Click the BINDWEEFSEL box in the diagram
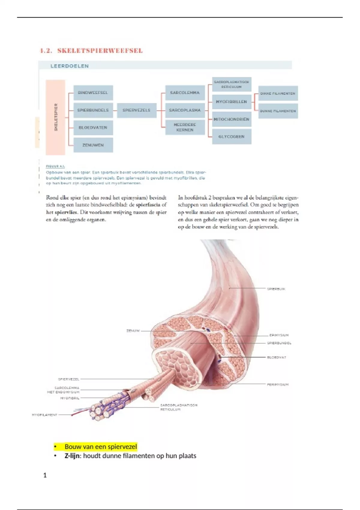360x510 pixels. pyautogui.click(x=93, y=93)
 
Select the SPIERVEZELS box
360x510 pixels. pyautogui.click(x=136, y=110)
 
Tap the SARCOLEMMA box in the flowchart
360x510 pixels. pyautogui.click(x=185, y=93)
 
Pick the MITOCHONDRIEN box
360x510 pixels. pyautogui.click(x=231, y=119)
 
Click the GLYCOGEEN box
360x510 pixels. pyautogui.click(x=231, y=136)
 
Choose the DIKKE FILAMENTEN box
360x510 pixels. pyautogui.click(x=278, y=93)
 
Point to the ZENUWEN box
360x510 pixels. pyautogui.click(x=93, y=145)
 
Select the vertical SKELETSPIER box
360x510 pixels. pyautogui.click(x=55, y=117)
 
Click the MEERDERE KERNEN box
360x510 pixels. pyautogui.click(x=185, y=127)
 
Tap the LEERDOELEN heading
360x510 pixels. pyautogui.click(x=70, y=66)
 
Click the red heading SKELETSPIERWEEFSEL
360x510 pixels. pyautogui.click(x=100, y=50)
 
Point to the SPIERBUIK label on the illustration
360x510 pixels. pyautogui.click(x=276, y=289)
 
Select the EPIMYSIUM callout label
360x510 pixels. pyautogui.click(x=279, y=335)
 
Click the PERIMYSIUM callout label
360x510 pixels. pyautogui.click(x=277, y=384)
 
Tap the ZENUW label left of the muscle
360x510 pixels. pyautogui.click(x=133, y=331)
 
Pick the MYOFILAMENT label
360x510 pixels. pyautogui.click(x=44, y=415)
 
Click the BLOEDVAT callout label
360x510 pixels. pyautogui.click(x=276, y=357)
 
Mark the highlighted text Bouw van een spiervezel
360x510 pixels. pyautogui.click(x=100, y=447)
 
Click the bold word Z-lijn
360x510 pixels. pyautogui.click(x=73, y=456)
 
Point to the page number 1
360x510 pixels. pyautogui.click(x=45, y=475)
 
